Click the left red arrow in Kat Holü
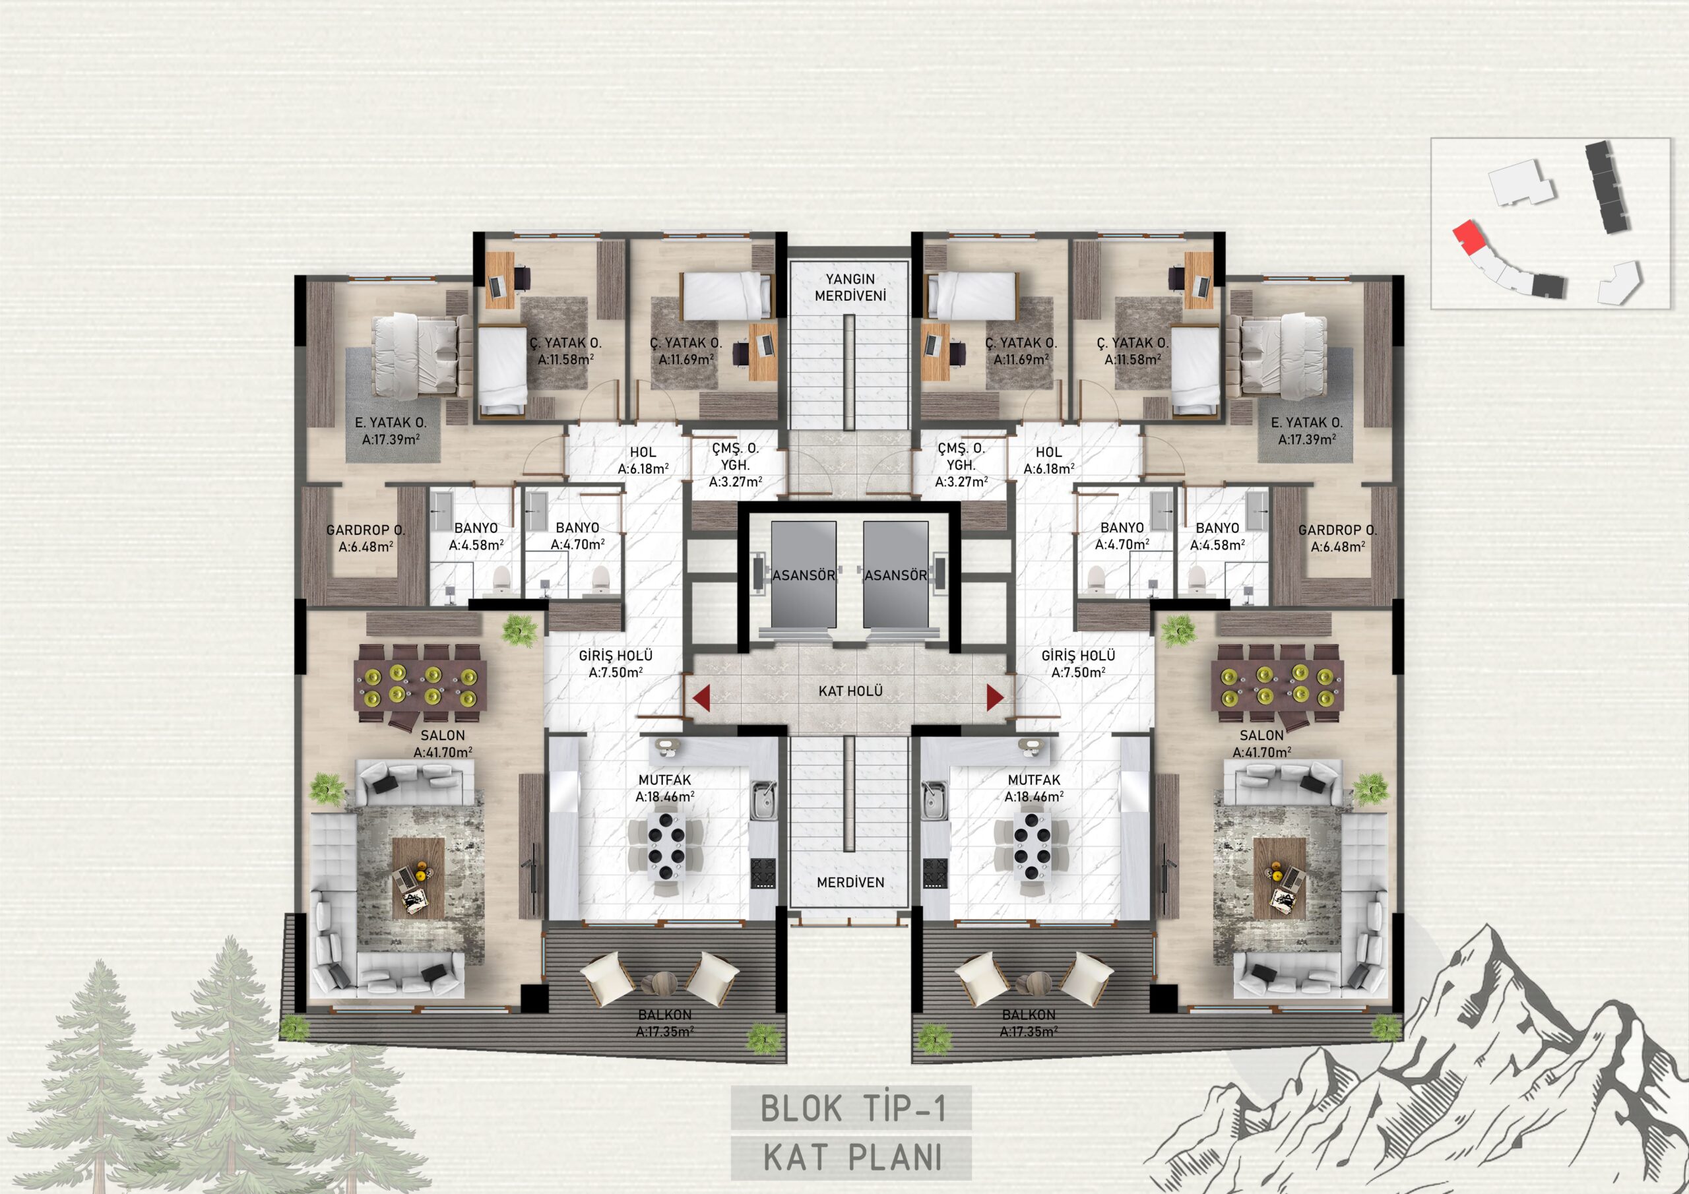(701, 698)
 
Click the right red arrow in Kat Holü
(994, 698)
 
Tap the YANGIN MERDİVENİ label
(850, 288)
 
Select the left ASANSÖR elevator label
(804, 575)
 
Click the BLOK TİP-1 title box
(851, 1109)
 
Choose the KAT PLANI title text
(852, 1158)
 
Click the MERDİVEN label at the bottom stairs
(850, 882)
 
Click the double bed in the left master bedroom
(422, 356)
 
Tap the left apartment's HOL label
(643, 453)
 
